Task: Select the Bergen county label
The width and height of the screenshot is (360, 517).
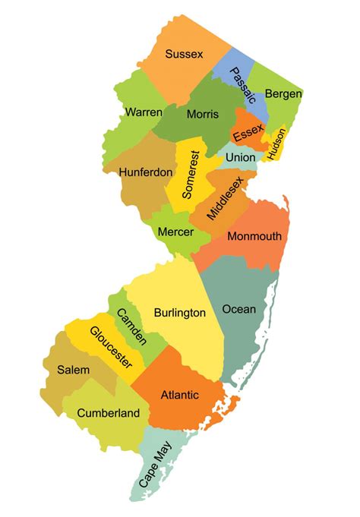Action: (283, 94)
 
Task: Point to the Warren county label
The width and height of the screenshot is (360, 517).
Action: (143, 112)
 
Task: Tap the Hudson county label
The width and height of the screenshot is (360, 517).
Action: (276, 140)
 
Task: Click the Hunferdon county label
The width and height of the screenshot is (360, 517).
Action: (146, 172)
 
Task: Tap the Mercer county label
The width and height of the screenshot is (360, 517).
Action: (175, 230)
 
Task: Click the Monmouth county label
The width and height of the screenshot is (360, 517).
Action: (254, 236)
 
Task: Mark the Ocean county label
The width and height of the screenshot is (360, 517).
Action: (238, 309)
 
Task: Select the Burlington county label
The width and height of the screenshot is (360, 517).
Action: (180, 313)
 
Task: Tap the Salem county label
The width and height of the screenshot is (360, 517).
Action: (73, 370)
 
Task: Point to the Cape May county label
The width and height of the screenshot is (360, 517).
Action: (154, 465)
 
